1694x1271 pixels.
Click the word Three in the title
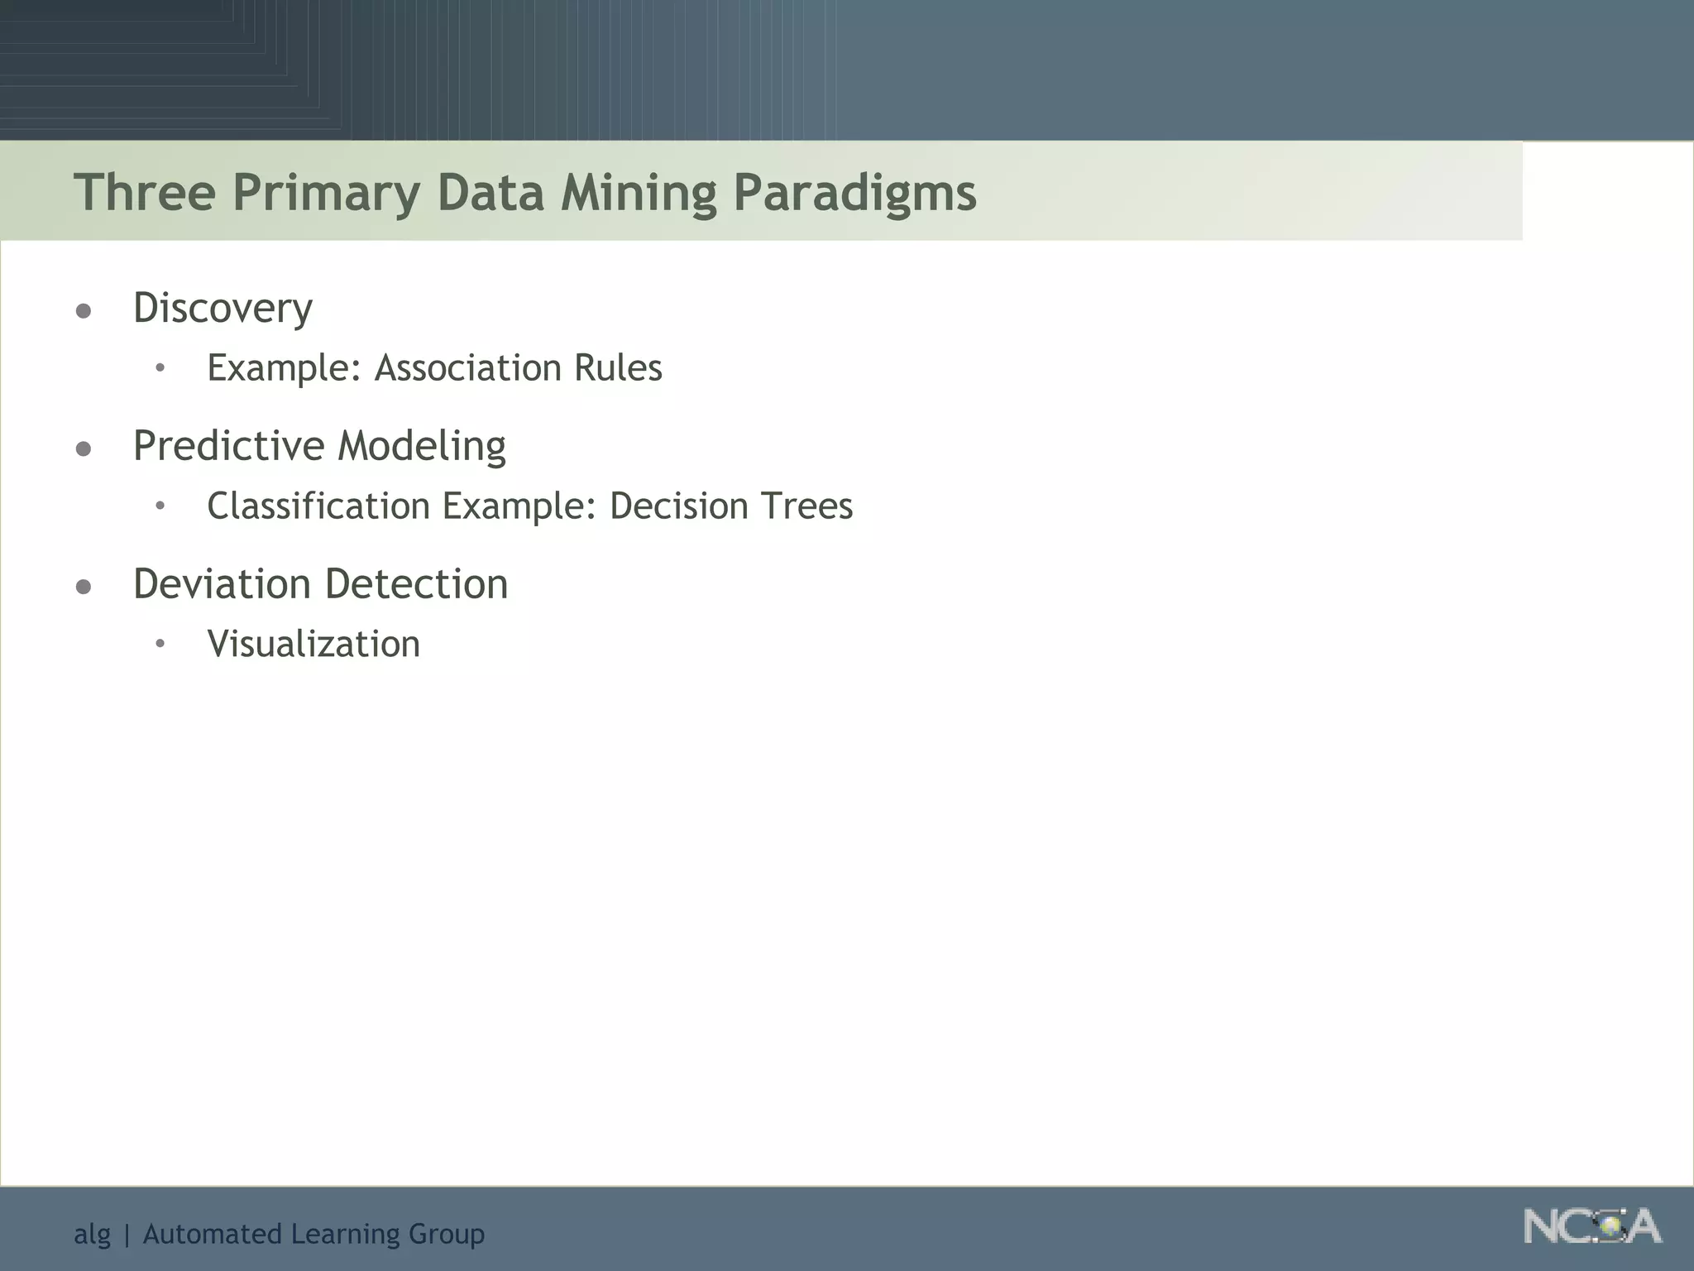click(x=145, y=192)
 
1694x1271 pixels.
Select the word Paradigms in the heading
click(x=854, y=192)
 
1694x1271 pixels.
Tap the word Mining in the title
click(x=639, y=192)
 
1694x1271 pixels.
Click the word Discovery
click(x=223, y=309)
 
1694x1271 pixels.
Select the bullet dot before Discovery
click(x=84, y=312)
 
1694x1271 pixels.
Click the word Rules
click(x=618, y=367)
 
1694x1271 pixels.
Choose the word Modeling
click(x=422, y=446)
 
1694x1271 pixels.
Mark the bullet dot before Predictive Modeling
click(x=84, y=449)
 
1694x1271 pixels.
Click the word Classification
click(x=318, y=506)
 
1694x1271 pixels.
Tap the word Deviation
click(x=223, y=584)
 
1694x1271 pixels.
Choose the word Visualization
click(x=313, y=644)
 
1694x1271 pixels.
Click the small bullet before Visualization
click(x=160, y=644)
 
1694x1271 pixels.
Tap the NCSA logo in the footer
click(x=1591, y=1226)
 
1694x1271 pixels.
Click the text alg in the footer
click(x=92, y=1235)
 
